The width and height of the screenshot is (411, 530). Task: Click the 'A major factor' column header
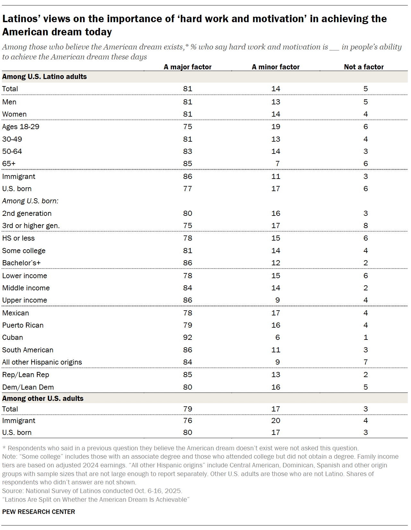coord(188,67)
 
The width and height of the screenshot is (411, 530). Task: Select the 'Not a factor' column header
coord(364,67)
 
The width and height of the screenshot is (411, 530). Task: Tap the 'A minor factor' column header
coord(275,67)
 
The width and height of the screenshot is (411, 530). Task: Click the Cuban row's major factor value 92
coord(188,337)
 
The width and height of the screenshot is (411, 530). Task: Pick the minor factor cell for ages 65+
coord(277,163)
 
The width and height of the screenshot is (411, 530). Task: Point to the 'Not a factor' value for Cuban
coord(365,337)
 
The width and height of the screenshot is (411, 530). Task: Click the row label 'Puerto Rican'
coord(23,325)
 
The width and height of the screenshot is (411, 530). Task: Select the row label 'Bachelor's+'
coord(21,263)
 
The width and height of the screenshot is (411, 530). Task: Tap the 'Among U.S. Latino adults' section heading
coord(44,76)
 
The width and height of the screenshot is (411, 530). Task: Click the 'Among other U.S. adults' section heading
coord(43,398)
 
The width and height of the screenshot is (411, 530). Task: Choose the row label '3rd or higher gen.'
coord(31,225)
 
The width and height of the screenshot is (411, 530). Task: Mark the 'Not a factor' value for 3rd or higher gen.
coord(365,225)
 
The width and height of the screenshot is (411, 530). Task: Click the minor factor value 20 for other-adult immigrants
coord(276,420)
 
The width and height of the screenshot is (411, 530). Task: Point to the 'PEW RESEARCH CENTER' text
coord(39,512)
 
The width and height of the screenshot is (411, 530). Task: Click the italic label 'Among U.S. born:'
coord(30,201)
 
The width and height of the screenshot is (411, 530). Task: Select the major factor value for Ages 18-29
coord(188,127)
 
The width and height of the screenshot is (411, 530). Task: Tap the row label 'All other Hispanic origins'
coord(42,362)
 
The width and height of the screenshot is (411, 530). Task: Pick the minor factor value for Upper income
coord(277,300)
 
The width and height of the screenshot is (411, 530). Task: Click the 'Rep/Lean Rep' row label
coord(26,375)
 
